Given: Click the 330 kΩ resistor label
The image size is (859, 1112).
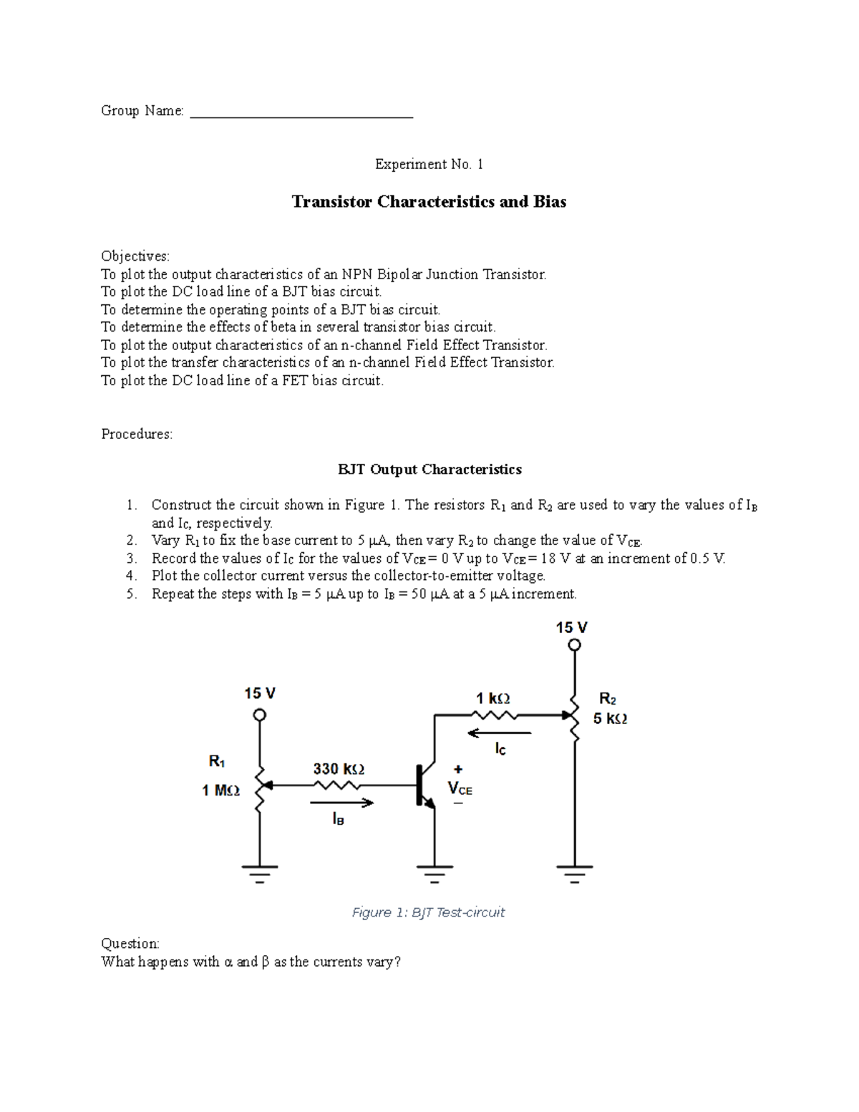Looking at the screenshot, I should pyautogui.click(x=339, y=769).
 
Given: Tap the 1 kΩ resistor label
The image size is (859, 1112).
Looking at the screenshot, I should pyautogui.click(x=493, y=698).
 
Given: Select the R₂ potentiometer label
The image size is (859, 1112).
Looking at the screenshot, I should pyautogui.click(x=608, y=699).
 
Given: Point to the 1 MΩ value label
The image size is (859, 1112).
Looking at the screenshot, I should pyautogui.click(x=220, y=791).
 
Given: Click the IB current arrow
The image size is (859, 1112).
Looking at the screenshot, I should pyautogui.click(x=342, y=803).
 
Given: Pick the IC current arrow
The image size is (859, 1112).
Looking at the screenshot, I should pyautogui.click(x=499, y=733).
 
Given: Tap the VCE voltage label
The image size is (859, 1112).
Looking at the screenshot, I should pyautogui.click(x=460, y=788).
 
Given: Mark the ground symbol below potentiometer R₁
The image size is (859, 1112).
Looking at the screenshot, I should pyautogui.click(x=259, y=873).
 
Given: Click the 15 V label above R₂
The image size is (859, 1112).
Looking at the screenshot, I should pyautogui.click(x=572, y=628).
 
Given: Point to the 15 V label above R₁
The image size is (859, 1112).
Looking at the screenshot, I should pyautogui.click(x=260, y=693).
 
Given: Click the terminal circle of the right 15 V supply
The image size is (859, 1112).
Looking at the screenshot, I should pyautogui.click(x=574, y=645).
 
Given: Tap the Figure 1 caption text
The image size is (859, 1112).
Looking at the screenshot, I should pyautogui.click(x=428, y=912).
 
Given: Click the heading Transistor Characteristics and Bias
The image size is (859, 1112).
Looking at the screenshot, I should pyautogui.click(x=429, y=202).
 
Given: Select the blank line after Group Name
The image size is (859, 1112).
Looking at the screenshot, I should pyautogui.click(x=301, y=115).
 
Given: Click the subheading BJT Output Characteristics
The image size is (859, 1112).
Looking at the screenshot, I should pyautogui.click(x=429, y=470).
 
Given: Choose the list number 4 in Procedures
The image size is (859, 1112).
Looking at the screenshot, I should pyautogui.click(x=131, y=576).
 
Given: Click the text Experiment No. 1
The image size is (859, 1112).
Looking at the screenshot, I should pyautogui.click(x=429, y=165).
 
